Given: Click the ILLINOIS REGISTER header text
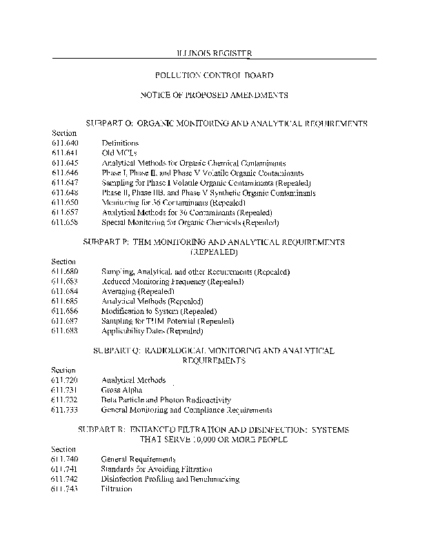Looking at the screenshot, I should coord(213,53).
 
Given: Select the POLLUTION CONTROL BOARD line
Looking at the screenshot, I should coord(213,74).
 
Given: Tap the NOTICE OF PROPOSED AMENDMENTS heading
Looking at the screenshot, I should coord(213,95).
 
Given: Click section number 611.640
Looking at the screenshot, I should coord(65,143).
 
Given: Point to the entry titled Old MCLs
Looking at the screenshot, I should coord(119,152).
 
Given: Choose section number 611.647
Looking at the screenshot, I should coord(65,183).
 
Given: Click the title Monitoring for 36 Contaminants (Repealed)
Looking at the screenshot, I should coord(172,203).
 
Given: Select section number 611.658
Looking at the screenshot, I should coord(65,223).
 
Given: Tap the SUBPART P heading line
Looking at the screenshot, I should coord(213,243).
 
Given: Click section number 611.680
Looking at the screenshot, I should coord(65,272).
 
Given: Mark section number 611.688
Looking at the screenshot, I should coord(65,331).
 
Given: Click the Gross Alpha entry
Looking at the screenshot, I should coord(121,390).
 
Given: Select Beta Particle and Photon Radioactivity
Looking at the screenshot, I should coord(166,400).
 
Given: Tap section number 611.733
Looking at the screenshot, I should coord(65,410).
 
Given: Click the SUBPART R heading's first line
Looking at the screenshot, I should coord(213,430).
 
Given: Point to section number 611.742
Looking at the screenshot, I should coord(65,479).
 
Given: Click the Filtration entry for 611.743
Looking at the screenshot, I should coord(116,489).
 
